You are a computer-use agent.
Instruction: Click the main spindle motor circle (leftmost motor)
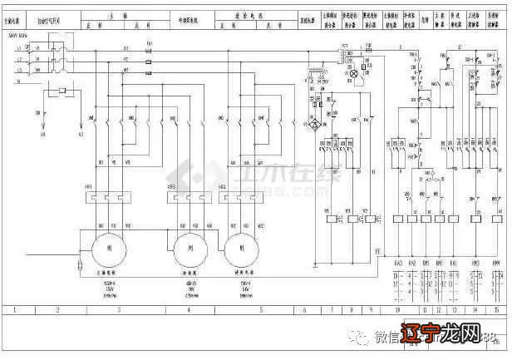(x=107, y=249)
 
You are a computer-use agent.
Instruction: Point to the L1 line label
(x=19, y=49)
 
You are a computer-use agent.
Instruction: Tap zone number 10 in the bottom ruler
(x=397, y=309)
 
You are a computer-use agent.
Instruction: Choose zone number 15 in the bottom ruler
(x=497, y=309)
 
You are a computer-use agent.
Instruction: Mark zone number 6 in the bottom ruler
(x=304, y=309)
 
